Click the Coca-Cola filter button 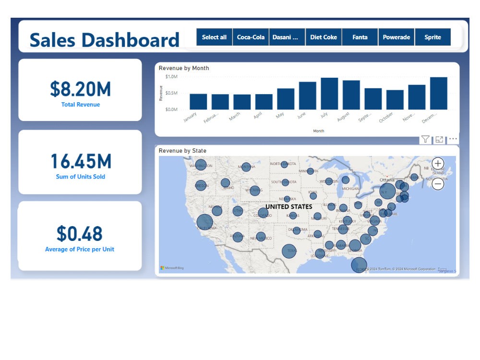point(251,37)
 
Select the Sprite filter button point(432,37)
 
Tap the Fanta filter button point(360,37)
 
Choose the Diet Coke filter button point(324,37)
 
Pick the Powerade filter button point(396,37)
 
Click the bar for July point(329,94)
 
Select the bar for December point(438,94)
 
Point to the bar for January point(198,102)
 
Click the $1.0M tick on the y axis point(171,77)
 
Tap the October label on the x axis point(386,117)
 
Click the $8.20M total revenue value point(80,89)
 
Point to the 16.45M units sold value point(81,161)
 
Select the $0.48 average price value point(80,234)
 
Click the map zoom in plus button point(438,163)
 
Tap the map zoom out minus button point(438,183)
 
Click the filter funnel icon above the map point(425,140)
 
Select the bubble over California point(205,222)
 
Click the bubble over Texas point(289,251)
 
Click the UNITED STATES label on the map point(289,207)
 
